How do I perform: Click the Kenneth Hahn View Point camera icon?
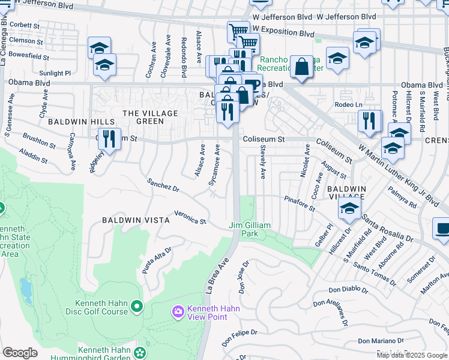click(178, 311)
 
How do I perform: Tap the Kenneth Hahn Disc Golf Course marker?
click(137, 307)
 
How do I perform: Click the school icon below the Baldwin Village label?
click(349, 209)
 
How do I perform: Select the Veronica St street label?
click(190, 217)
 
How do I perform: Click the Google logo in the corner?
click(20, 352)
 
